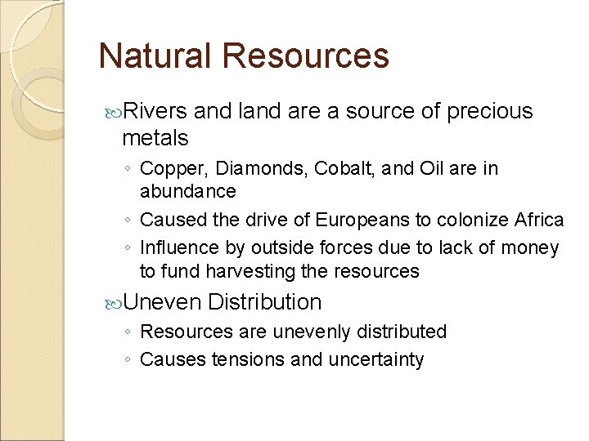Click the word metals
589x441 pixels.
155,137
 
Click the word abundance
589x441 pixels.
188,191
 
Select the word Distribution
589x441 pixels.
265,302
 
